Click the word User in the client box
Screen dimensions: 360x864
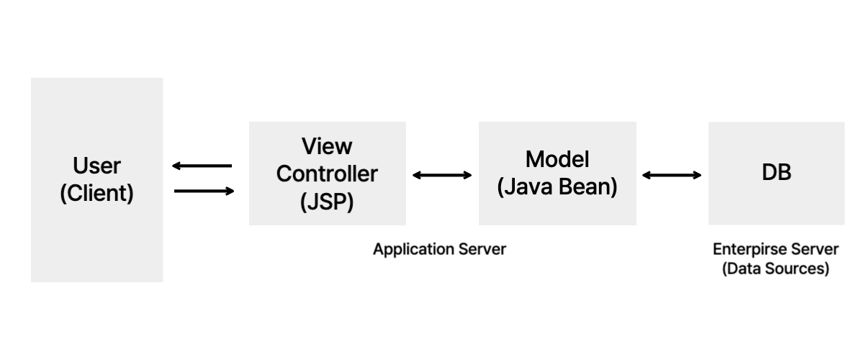tap(96, 166)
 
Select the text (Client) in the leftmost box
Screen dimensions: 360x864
tap(96, 194)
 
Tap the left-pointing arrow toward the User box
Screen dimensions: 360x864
tap(202, 166)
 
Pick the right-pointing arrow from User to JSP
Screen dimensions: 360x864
tap(205, 191)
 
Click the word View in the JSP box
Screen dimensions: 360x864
tap(327, 147)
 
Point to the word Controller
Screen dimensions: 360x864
tap(327, 174)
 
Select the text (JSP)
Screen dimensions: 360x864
tap(327, 202)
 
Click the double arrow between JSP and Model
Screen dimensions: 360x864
tap(442, 174)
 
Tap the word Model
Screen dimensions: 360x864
tap(557, 159)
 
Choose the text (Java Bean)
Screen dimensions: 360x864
tap(557, 186)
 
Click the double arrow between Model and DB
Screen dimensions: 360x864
tap(672, 174)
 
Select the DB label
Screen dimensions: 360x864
tap(776, 174)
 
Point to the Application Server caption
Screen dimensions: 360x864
tap(439, 249)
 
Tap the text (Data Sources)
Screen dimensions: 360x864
tap(775, 269)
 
